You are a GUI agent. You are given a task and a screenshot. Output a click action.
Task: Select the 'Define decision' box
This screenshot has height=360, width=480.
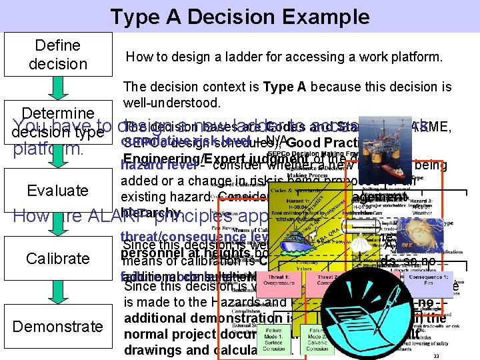coord(58,55)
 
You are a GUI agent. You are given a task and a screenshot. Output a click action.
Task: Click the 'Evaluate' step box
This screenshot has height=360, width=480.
coord(58,191)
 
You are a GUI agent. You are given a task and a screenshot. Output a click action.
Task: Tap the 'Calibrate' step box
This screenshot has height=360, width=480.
coord(58,258)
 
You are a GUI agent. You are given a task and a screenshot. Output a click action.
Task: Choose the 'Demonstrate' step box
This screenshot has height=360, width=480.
coord(58,326)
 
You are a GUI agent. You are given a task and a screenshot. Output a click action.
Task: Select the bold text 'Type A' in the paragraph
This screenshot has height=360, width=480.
coord(286,87)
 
